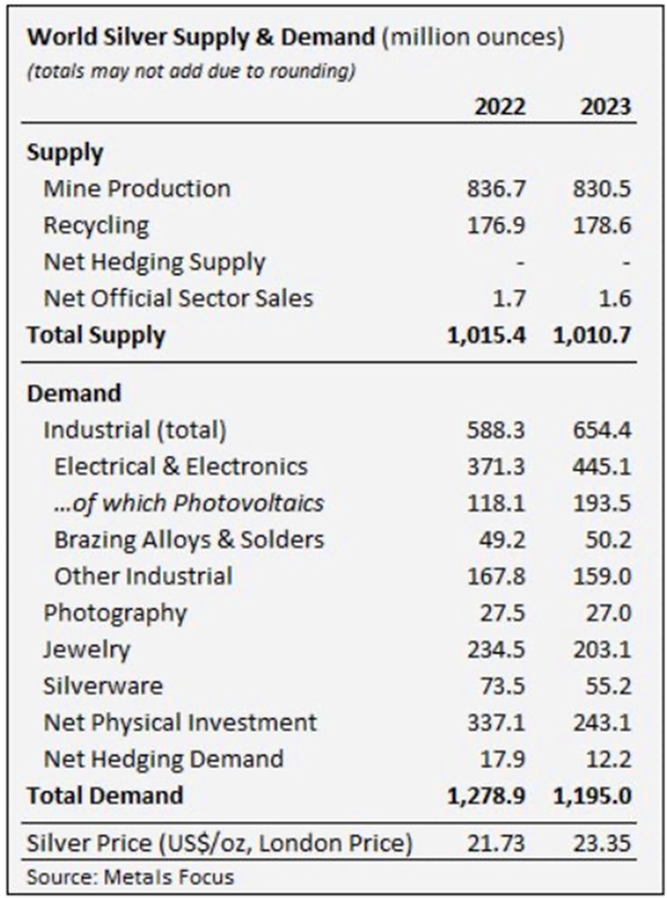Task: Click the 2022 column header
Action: pyautogui.click(x=499, y=107)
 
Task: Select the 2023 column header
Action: pyautogui.click(x=605, y=107)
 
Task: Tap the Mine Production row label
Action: pyautogui.click(x=137, y=188)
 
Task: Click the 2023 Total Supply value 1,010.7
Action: pyautogui.click(x=593, y=334)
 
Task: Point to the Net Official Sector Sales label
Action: pyautogui.click(x=178, y=298)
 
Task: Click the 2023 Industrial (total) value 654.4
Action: pyautogui.click(x=604, y=430)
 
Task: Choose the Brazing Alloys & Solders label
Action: pyautogui.click(x=189, y=539)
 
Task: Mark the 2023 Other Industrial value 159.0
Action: pyautogui.click(x=604, y=576)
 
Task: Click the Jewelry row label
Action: pyautogui.click(x=86, y=649)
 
